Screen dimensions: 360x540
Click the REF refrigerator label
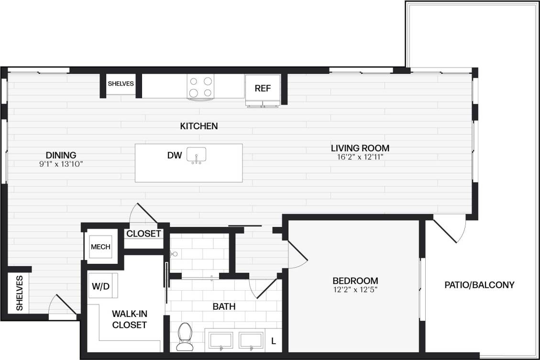263,88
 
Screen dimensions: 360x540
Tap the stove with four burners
201,88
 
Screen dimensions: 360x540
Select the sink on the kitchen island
196,156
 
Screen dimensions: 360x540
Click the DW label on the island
174,155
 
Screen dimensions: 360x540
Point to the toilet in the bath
184,336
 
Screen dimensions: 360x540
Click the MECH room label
100,247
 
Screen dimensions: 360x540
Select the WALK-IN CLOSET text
129,319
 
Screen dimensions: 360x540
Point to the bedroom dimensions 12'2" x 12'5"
355,289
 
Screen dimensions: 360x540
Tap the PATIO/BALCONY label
479,285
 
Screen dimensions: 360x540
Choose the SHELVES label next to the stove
121,84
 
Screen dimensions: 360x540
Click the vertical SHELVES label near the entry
20,293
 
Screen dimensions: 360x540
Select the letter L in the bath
273,341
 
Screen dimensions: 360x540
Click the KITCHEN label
199,126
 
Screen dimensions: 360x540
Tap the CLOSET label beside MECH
143,234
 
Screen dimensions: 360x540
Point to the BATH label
224,306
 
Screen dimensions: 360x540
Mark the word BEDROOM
355,281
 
